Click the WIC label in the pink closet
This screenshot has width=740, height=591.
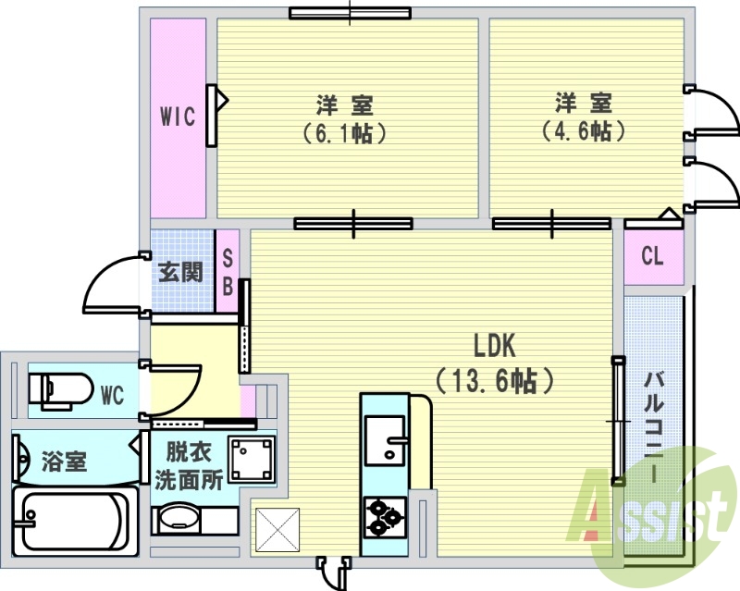pyautogui.click(x=178, y=117)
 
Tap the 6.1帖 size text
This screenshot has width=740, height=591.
pyautogui.click(x=344, y=133)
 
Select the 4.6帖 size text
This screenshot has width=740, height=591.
pyautogui.click(x=584, y=130)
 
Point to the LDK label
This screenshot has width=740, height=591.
pyautogui.click(x=494, y=345)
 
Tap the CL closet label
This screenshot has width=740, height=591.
pyautogui.click(x=652, y=256)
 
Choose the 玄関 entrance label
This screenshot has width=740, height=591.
pyautogui.click(x=180, y=272)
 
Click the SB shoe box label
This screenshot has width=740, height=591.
pyautogui.click(x=228, y=272)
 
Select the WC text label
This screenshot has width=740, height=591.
pyautogui.click(x=112, y=395)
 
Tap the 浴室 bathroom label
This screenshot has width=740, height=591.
pyautogui.click(x=64, y=462)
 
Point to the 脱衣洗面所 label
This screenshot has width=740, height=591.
pyautogui.click(x=190, y=466)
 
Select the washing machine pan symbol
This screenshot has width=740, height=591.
pyautogui.click(x=252, y=459)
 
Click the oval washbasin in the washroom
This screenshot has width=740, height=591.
pyautogui.click(x=179, y=519)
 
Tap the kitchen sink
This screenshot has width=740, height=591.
pyautogui.click(x=386, y=440)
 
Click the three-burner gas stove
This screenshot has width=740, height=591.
pyautogui.click(x=385, y=518)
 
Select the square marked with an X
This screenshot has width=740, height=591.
pyautogui.click(x=277, y=530)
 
